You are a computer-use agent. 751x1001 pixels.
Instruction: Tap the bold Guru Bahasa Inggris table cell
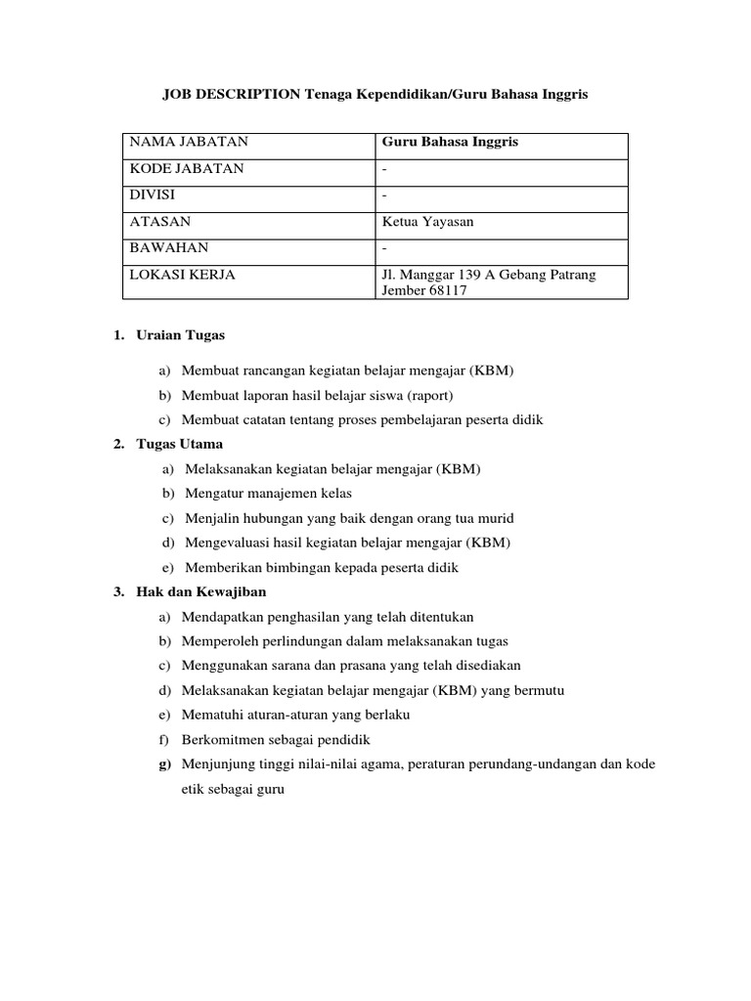coord(450,143)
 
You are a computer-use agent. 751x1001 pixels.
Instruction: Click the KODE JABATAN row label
coord(187,169)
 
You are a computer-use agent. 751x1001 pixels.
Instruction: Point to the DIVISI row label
coord(155,196)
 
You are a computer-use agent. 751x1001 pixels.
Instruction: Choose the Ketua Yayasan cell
coord(428,222)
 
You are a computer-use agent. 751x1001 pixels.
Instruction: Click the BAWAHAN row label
coord(169,248)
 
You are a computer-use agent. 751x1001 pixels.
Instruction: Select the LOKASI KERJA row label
coord(183,275)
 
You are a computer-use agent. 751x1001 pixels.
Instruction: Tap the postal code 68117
coord(435,291)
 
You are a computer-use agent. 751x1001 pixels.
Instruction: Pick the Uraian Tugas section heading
coord(180,335)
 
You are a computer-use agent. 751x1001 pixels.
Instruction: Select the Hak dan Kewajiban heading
coord(200,592)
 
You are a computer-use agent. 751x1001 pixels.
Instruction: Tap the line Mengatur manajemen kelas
coord(267,493)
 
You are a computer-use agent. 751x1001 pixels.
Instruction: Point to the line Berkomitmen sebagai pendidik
coord(276,739)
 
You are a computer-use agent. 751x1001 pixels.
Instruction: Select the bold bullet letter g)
coord(165,764)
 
